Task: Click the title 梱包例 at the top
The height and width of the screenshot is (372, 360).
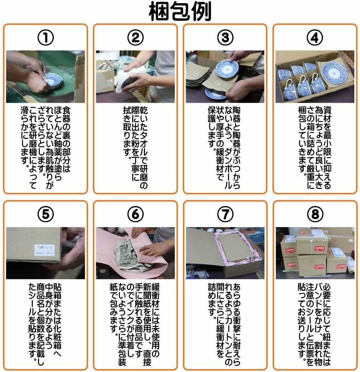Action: (x=180, y=11)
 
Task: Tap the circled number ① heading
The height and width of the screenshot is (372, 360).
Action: (x=45, y=38)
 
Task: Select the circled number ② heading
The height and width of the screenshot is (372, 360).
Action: (x=135, y=38)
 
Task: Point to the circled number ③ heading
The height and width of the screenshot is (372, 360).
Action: (x=225, y=38)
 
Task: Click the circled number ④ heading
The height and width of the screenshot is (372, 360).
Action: (x=315, y=38)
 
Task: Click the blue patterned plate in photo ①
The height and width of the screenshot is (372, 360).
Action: (x=53, y=80)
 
